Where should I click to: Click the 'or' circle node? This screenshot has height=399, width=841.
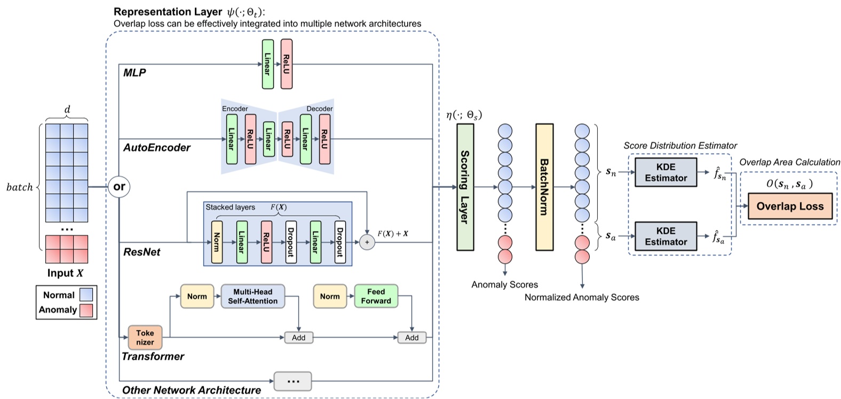coord(119,187)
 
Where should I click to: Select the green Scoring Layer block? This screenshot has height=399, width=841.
coord(465,187)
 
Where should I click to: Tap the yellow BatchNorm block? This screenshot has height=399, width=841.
coord(544,187)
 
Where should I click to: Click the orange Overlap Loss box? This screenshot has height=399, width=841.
coord(790,206)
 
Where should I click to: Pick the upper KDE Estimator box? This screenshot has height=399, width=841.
coord(665,172)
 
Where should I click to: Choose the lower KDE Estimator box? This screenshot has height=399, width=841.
coord(665,236)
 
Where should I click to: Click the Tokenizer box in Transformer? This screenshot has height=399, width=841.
coord(145,337)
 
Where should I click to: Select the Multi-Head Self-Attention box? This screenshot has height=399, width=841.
coord(252,297)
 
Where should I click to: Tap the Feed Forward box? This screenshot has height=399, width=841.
coord(376,296)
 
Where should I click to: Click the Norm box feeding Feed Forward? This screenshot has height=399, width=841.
coord(330,296)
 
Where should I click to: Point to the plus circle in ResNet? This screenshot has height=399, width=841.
coord(367,242)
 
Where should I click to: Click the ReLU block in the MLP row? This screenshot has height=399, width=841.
coord(287,64)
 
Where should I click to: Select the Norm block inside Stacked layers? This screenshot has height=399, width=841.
coord(217,242)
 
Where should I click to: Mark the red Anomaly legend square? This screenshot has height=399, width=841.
coord(86,310)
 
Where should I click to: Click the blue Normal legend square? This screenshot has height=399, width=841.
coord(86,294)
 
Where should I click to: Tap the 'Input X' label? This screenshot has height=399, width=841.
coord(65,273)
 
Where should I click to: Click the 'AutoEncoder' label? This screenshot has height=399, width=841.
coord(157,148)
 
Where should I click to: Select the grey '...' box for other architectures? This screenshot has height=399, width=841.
coord(293,381)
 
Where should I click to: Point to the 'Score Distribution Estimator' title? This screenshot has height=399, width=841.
coord(680,146)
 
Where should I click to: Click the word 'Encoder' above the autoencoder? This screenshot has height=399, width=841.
coord(235,109)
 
